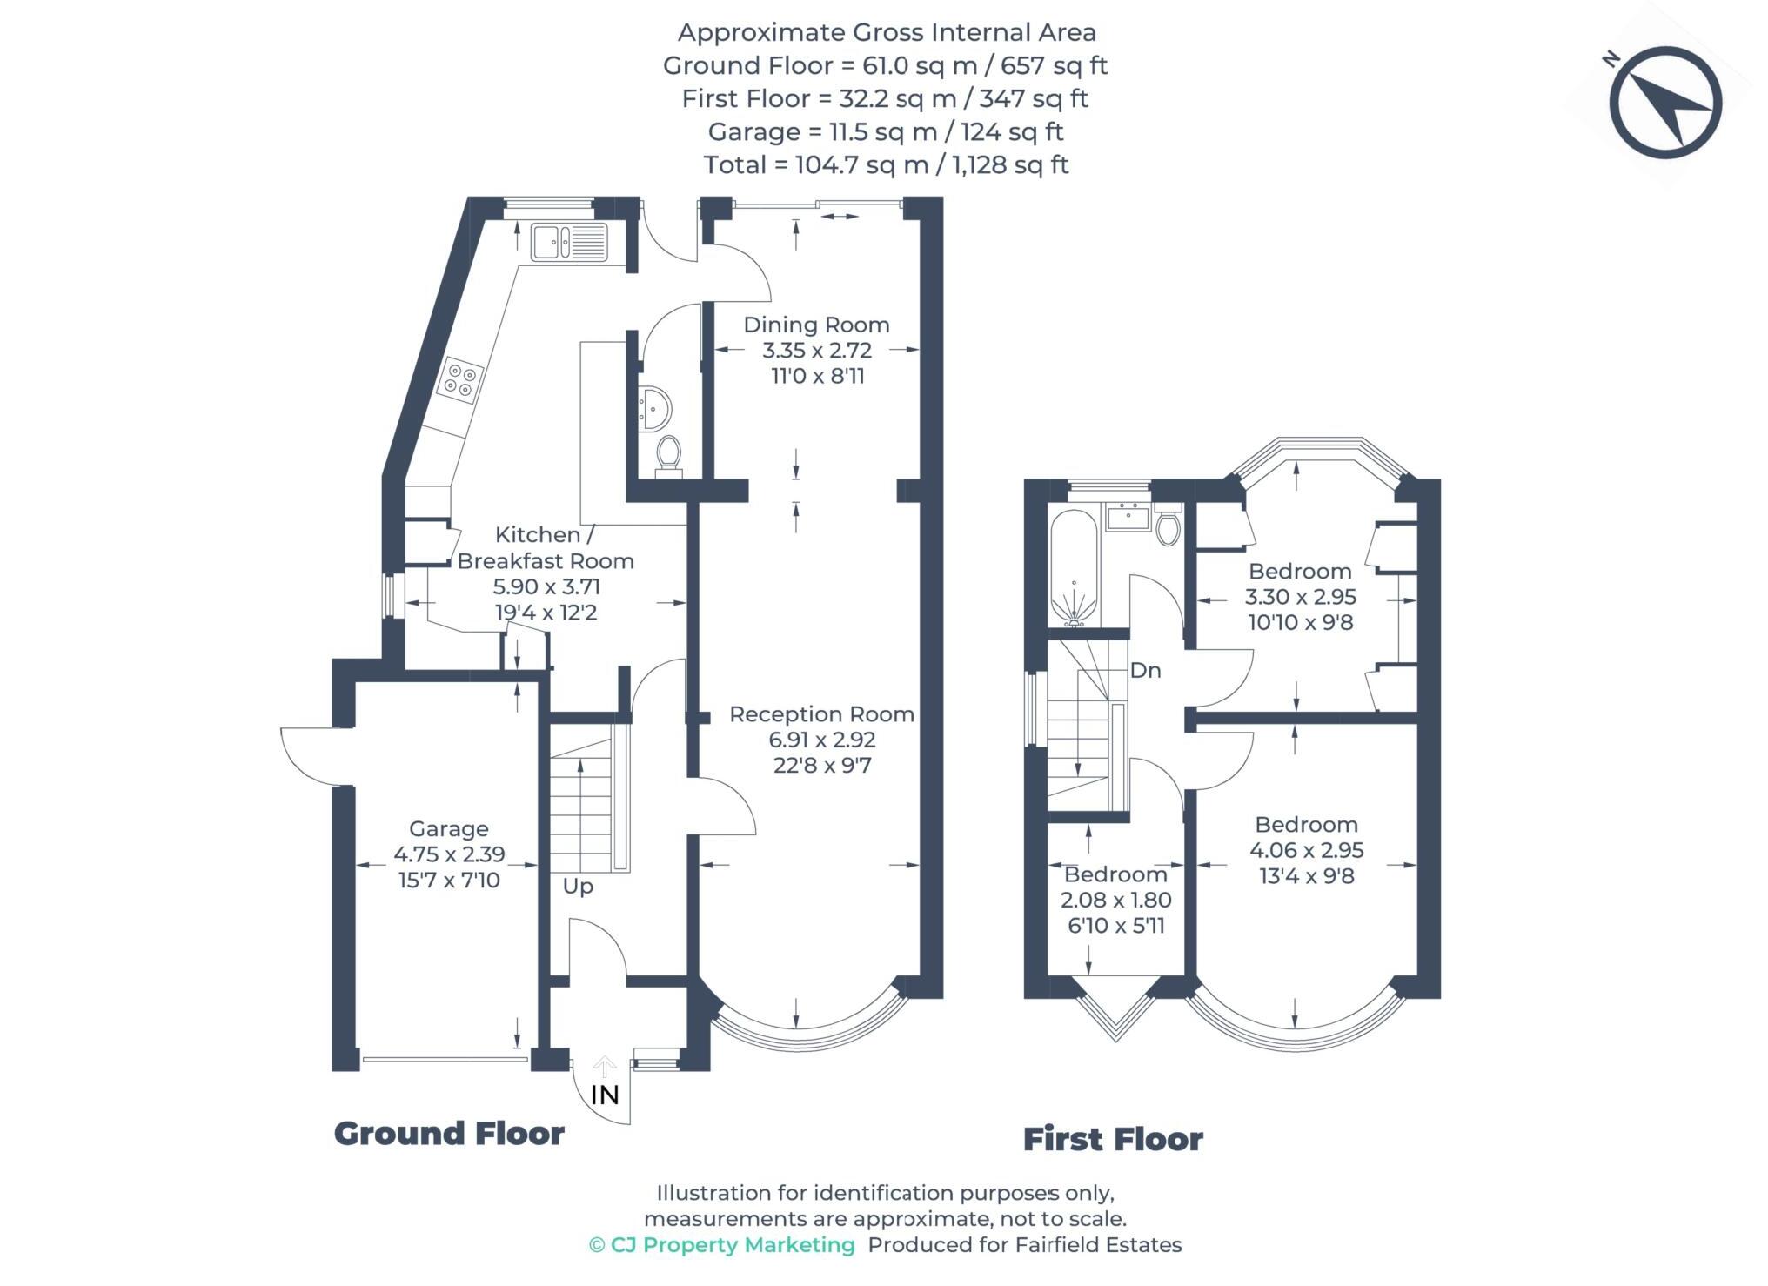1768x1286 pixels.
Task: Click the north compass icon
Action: pos(1665,103)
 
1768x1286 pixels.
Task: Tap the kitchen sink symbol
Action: pos(569,242)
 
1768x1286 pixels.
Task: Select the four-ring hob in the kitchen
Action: pos(461,380)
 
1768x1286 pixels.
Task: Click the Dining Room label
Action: pos(816,325)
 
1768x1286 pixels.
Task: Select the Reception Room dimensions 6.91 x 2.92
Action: pos(821,740)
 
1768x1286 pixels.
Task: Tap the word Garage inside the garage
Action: pos(449,829)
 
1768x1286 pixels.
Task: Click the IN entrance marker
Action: pos(605,1095)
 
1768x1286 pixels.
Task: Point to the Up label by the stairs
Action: pos(578,887)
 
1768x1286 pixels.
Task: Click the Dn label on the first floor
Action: pos(1145,671)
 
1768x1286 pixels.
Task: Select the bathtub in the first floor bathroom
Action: pos(1075,566)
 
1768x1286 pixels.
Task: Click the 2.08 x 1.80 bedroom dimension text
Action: pos(1115,901)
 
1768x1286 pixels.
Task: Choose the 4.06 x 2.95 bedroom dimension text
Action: pos(1306,851)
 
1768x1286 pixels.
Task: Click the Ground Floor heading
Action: pos(449,1134)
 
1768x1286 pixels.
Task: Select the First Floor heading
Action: pos(1113,1139)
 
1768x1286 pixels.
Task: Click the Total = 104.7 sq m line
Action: pos(885,165)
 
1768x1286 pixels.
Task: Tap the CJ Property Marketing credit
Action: pos(723,1245)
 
